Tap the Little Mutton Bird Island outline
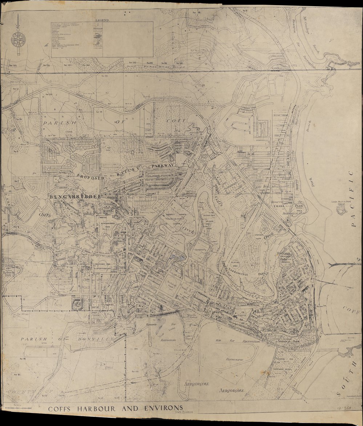[342, 210]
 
